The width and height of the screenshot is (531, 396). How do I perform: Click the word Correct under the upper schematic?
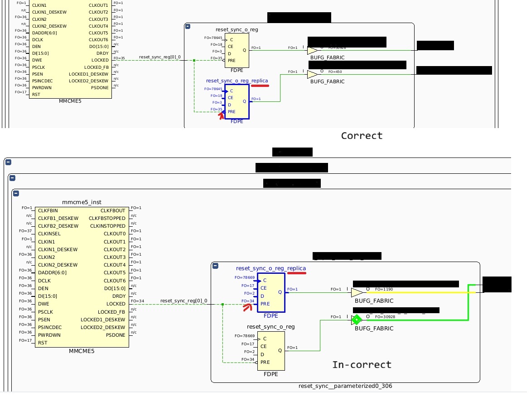pyautogui.click(x=362, y=136)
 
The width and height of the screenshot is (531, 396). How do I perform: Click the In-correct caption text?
pyautogui.click(x=362, y=365)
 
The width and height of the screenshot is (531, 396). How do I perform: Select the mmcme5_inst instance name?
pyautogui.click(x=82, y=202)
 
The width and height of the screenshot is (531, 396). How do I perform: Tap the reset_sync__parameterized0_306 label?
pyautogui.click(x=345, y=386)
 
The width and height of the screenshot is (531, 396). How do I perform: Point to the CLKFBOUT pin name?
pyautogui.click(x=113, y=210)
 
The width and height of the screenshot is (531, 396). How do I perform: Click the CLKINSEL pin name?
pyautogui.click(x=49, y=234)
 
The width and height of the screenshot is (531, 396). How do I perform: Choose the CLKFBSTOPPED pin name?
pyautogui.click(x=107, y=219)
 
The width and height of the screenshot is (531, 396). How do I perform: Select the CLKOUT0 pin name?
pyautogui.click(x=114, y=234)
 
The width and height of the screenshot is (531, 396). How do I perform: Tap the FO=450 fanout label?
pyautogui.click(x=335, y=72)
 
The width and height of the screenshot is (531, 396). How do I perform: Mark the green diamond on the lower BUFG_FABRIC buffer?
pyautogui.click(x=357, y=320)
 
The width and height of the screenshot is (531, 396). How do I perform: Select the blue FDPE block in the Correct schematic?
pyautogui.click(x=237, y=101)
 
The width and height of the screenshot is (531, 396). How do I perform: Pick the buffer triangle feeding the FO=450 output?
pyautogui.click(x=312, y=74)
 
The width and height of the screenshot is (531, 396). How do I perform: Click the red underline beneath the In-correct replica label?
pyautogui.click(x=297, y=273)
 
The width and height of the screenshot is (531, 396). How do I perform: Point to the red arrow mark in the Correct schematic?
pyautogui.click(x=221, y=116)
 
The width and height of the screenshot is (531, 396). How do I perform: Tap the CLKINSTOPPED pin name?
pyautogui.click(x=107, y=226)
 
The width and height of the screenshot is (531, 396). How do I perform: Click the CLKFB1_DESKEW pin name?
pyautogui.click(x=58, y=218)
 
